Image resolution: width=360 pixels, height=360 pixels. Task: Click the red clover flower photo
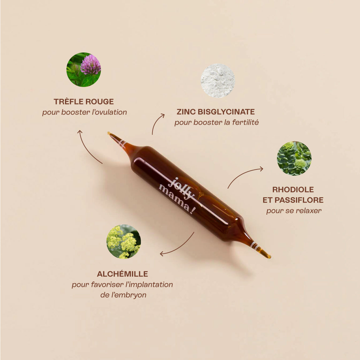[83, 70]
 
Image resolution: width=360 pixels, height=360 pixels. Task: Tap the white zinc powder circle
[217, 81]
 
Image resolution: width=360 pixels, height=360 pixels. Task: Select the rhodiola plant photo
[294, 158]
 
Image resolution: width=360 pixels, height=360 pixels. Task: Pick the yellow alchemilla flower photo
[123, 242]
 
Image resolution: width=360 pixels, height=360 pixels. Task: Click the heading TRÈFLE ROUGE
[84, 102]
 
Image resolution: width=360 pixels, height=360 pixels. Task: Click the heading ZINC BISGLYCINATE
[216, 112]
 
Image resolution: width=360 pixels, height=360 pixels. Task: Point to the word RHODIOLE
[293, 190]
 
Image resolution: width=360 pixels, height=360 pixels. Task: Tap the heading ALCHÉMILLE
[122, 274]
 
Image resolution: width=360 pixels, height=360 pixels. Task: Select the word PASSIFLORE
[299, 200]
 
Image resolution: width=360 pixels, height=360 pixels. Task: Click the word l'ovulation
[109, 112]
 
